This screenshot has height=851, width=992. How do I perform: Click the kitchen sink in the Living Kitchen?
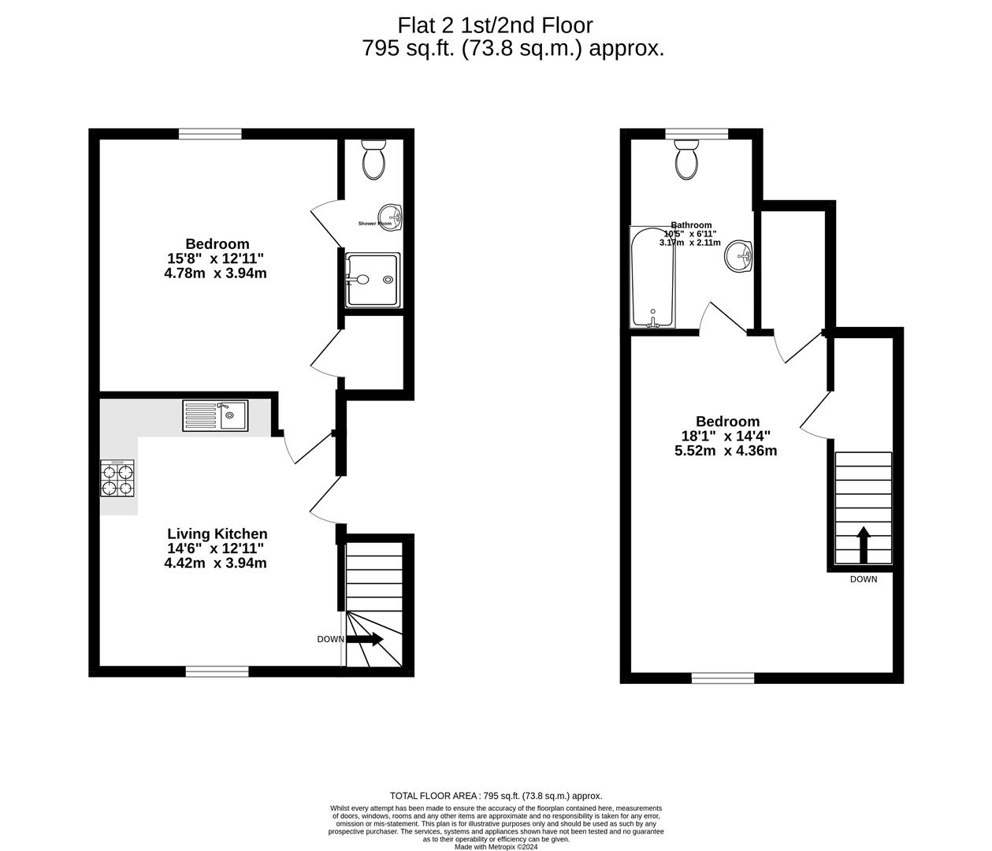coord(215,415)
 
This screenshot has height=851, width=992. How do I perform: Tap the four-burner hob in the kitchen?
coord(117,478)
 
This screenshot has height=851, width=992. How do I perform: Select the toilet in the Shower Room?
coord(373,160)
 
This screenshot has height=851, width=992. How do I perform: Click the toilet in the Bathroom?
coord(686,161)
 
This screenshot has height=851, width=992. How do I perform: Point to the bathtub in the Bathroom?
coord(652,277)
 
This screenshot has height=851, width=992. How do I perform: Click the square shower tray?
coord(373,280)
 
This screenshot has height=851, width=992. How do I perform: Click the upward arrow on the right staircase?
coord(863,544)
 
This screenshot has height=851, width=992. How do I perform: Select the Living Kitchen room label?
coord(217,534)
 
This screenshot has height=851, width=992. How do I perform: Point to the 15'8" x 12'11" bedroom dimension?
coord(215,258)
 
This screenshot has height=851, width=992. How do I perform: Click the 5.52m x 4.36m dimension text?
coord(726,451)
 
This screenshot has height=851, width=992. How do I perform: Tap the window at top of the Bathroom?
coord(697,134)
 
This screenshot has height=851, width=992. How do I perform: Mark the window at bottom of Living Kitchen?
coord(217,671)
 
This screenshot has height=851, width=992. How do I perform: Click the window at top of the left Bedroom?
coord(210,134)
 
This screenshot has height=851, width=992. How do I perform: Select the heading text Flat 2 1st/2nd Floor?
coord(495,25)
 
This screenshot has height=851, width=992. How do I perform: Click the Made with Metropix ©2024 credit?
coord(496,847)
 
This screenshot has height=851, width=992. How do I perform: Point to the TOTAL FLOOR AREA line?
coord(496,796)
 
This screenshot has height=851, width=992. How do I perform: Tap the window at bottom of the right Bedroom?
coord(723,678)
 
